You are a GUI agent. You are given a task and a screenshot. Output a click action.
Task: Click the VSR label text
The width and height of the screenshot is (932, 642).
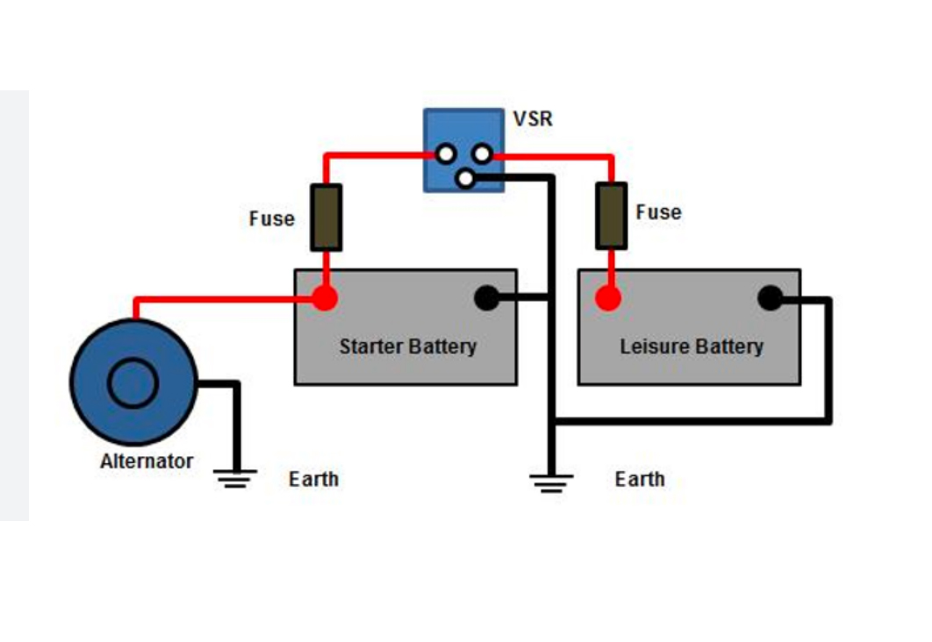534,118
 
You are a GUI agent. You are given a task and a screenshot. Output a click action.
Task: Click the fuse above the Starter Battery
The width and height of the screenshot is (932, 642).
326,218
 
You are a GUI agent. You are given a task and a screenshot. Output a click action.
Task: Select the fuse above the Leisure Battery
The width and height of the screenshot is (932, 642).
611,216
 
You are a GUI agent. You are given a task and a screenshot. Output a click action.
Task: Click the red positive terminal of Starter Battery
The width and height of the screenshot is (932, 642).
325,298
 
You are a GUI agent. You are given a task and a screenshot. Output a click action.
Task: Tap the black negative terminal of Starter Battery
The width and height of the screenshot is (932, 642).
486,298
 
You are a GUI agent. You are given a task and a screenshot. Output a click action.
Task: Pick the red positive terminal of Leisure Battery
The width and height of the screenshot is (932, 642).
608,298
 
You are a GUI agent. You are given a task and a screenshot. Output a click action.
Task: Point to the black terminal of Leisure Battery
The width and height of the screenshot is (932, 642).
770,298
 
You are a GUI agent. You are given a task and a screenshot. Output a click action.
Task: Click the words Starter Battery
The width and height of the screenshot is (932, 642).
407,346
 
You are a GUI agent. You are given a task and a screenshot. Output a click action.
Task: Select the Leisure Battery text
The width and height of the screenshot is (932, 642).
692,346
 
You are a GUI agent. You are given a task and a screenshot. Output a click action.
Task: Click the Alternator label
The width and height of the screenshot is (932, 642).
147,460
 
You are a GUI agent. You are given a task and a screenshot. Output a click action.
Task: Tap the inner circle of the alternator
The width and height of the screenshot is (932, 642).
133,383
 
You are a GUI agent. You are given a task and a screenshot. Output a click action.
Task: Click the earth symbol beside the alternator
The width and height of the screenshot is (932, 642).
235,478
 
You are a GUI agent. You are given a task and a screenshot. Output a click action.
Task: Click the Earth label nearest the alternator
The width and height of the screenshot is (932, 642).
313,479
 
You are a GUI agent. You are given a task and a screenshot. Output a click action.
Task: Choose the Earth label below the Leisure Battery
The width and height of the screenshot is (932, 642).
640,479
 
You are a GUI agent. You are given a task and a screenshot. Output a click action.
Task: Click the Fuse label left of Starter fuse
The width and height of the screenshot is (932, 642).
272,218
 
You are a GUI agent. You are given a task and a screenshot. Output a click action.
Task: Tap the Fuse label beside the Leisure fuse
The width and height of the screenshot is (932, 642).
658,212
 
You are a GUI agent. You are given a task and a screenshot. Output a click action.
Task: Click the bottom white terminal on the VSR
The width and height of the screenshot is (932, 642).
465,179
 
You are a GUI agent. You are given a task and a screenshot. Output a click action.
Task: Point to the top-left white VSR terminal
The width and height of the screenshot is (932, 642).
447,154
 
